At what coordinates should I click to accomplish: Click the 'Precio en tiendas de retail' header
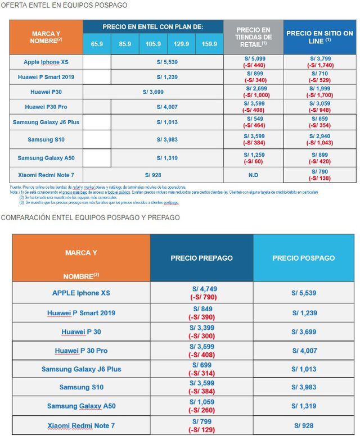tap(253, 37)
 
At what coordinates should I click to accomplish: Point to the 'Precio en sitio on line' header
tap(319, 37)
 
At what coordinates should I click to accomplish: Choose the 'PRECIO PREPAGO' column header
tap(201, 258)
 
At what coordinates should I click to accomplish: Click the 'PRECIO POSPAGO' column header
tap(304, 258)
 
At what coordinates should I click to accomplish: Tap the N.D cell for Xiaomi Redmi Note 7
tap(253, 175)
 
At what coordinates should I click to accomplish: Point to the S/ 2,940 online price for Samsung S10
tap(319, 135)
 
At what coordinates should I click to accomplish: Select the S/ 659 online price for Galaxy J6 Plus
tap(319, 119)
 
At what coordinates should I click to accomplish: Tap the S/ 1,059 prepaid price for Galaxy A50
tap(201, 402)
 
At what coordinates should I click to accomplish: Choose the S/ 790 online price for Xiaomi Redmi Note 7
tap(319, 171)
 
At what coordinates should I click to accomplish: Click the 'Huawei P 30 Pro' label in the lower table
tap(82, 351)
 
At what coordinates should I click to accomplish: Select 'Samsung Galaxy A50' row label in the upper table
tap(46, 158)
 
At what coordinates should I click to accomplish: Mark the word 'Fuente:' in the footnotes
tap(17, 187)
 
